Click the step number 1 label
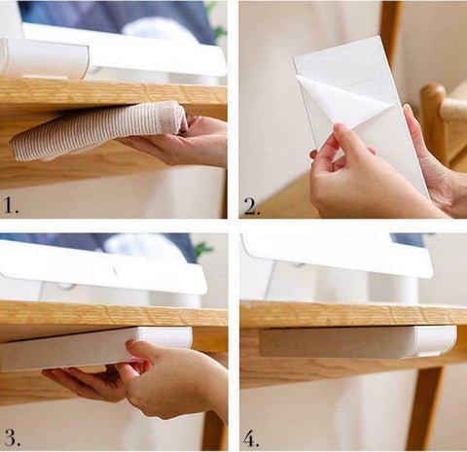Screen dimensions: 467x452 (x=11, y=205)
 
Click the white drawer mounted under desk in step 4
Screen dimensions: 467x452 (x=358, y=341)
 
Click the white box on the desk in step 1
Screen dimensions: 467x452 (x=45, y=57)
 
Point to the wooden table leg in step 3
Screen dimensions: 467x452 (x=214, y=428)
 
